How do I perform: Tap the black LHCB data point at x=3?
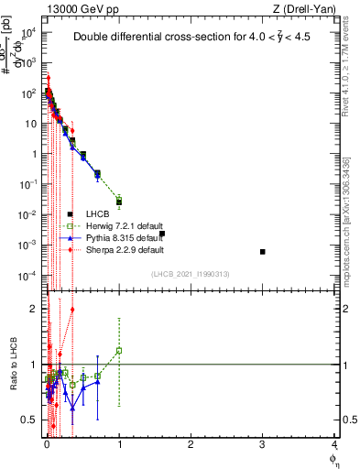(x=263, y=252)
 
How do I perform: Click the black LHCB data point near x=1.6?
(x=162, y=234)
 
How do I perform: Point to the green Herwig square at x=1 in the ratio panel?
(x=119, y=351)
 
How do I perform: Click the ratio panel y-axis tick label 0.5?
(x=32, y=420)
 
